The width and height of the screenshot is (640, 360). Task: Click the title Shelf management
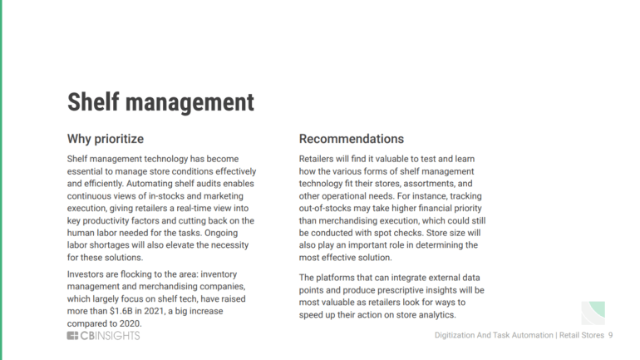pos(160,102)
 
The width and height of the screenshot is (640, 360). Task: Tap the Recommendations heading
pos(351,139)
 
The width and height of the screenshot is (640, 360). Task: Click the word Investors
pos(89,274)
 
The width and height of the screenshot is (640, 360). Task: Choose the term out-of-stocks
pos(327,208)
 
